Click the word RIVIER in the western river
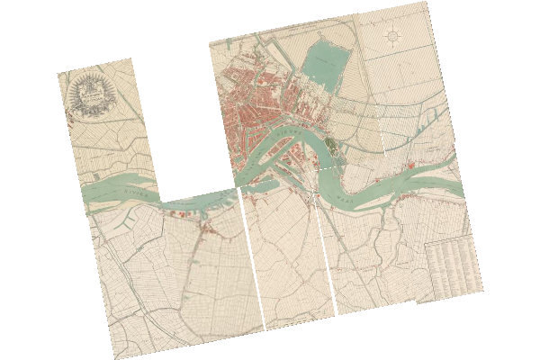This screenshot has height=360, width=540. coord(134,191)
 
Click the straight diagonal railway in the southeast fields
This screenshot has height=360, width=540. coord(378,270)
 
